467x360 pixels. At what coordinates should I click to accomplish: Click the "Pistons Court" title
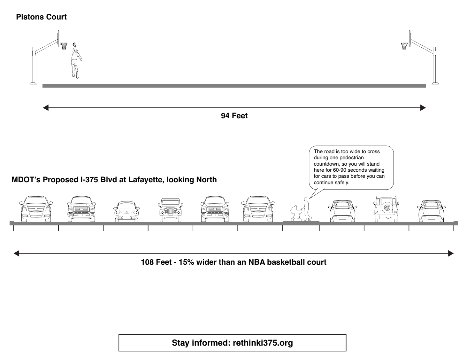click(x=41, y=17)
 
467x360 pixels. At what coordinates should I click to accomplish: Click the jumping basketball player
click(x=76, y=61)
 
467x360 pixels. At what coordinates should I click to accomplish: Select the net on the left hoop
click(x=64, y=46)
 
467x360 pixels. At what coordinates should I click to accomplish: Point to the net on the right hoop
click(x=404, y=46)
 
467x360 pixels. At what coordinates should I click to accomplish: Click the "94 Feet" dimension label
click(x=234, y=116)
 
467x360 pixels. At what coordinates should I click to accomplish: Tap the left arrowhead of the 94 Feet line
click(x=46, y=108)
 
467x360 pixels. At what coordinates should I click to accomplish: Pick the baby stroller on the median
click(x=295, y=213)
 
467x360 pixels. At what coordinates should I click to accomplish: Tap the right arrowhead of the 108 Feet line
click(x=450, y=254)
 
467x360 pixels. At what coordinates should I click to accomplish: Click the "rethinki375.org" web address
click(x=263, y=343)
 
